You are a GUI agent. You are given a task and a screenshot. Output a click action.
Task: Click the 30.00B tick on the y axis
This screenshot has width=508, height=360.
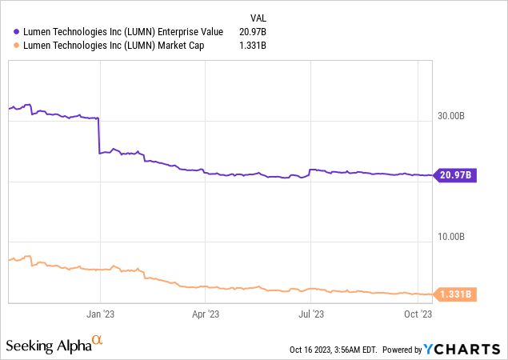[448, 115]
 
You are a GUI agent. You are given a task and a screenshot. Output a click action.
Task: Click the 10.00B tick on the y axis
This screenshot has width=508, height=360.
[448, 236]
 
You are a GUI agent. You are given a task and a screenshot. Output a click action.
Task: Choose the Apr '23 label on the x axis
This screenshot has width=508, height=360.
[206, 314]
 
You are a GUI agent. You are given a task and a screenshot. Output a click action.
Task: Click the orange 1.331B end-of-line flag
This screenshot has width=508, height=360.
[454, 294]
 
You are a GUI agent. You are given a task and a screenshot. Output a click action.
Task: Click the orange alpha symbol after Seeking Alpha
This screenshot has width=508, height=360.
[98, 342]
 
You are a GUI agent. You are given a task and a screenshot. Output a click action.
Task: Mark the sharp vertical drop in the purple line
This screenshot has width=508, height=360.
[98, 136]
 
